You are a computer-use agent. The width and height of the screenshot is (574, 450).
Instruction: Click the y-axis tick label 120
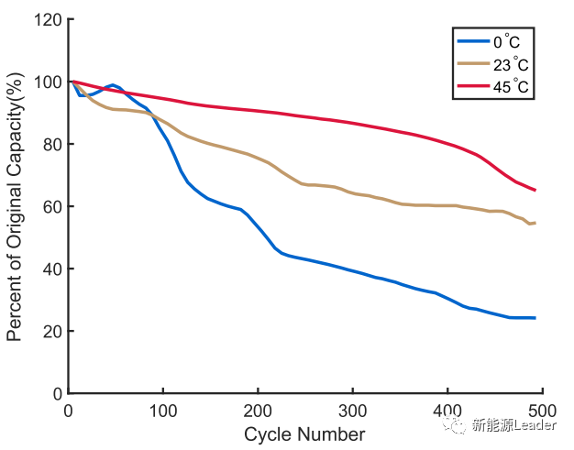[49, 19]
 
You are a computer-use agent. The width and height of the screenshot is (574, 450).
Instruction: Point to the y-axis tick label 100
[49, 82]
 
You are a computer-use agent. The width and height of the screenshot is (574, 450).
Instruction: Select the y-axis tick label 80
[52, 144]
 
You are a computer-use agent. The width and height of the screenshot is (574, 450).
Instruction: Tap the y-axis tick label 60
[52, 206]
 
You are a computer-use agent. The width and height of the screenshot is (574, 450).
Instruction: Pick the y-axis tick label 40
[52, 269]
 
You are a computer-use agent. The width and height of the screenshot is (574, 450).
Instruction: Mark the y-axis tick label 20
[52, 331]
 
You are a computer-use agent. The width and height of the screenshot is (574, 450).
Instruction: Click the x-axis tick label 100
[163, 411]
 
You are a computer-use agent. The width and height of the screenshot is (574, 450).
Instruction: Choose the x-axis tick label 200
[259, 411]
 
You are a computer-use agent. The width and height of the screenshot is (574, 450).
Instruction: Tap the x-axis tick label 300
[353, 411]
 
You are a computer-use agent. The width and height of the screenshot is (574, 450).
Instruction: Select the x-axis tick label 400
[448, 411]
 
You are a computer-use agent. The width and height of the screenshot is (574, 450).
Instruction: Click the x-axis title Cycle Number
[304, 434]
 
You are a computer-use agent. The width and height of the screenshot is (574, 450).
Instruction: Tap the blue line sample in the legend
[473, 41]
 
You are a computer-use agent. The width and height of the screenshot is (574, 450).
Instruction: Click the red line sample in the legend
[473, 87]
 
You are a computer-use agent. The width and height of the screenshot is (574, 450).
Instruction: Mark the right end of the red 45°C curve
[535, 191]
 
